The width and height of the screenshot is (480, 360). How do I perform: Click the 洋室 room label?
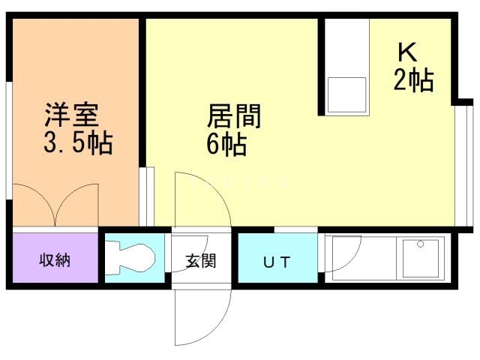point(71,116)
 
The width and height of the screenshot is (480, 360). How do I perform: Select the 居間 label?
point(233,116)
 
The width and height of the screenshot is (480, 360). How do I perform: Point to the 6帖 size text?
point(226,144)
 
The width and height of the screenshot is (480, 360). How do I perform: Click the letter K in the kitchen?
point(407,52)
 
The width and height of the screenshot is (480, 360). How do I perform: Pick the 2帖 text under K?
point(413,79)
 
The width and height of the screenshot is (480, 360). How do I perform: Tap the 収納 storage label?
point(55,260)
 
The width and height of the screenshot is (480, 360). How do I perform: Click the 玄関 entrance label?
point(201,262)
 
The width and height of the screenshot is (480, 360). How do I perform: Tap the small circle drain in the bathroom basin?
point(421,244)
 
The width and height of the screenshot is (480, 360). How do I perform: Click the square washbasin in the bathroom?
point(422,257)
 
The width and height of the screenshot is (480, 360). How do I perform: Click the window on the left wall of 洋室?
point(9,142)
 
